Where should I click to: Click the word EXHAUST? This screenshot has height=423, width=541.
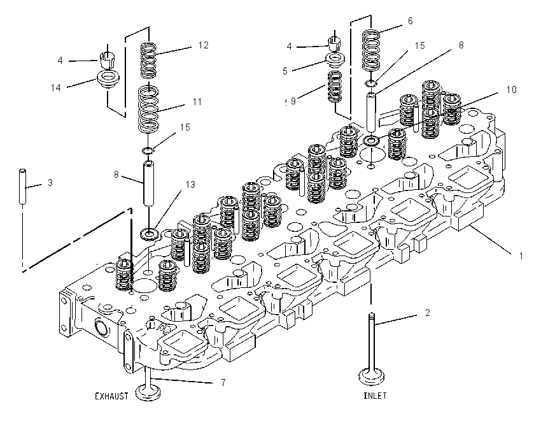[111, 396]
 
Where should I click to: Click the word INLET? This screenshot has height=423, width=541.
[375, 396]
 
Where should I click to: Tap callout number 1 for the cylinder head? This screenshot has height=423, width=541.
[521, 256]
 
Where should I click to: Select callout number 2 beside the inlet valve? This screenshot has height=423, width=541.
[428, 313]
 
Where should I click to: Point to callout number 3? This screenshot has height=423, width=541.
[50, 183]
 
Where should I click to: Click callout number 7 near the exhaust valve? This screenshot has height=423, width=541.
[223, 383]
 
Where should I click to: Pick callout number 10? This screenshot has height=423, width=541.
[511, 90]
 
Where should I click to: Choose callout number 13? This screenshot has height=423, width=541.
[190, 185]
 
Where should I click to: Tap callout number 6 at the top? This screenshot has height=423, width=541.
[411, 21]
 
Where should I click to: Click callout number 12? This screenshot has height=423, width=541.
[203, 45]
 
